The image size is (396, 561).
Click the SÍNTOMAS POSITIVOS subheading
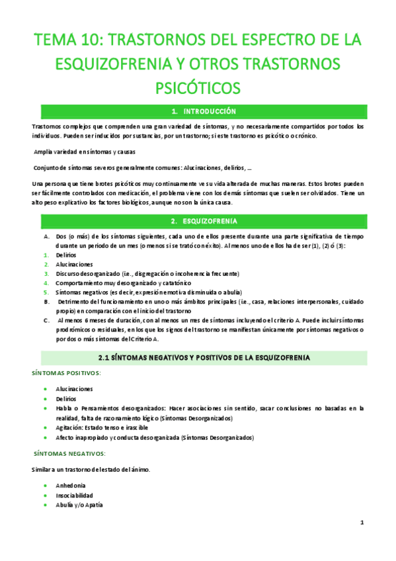click(x=67, y=372)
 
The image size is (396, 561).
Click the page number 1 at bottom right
click(x=362, y=523)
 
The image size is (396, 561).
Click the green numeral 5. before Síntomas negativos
click(x=46, y=292)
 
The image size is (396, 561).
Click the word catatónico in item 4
click(x=161, y=282)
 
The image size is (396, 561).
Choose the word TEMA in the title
click(x=56, y=40)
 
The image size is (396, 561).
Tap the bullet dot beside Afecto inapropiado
click(x=46, y=437)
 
